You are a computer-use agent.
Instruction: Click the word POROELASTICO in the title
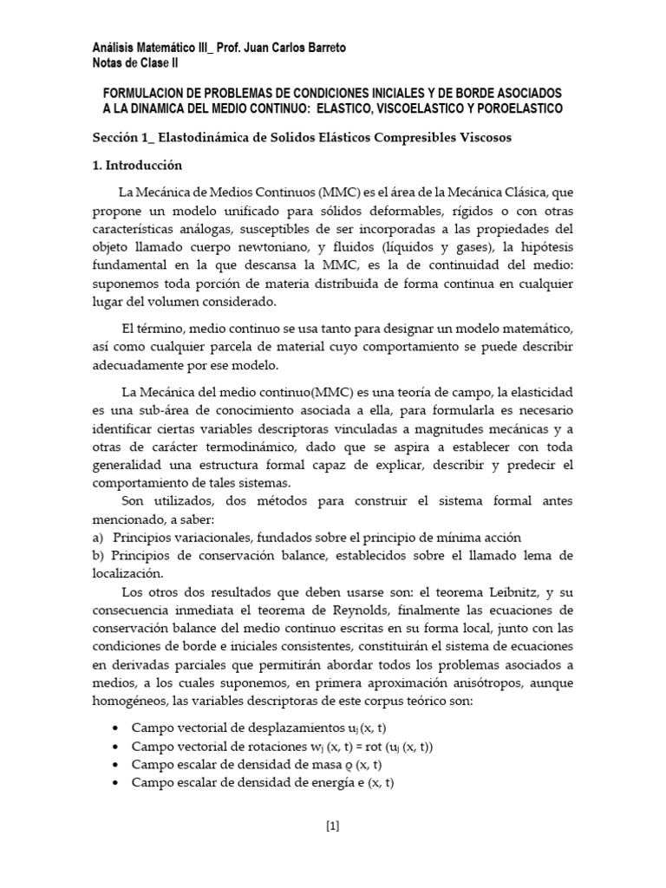pos(518,108)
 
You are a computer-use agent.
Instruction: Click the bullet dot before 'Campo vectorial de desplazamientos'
pos(116,728)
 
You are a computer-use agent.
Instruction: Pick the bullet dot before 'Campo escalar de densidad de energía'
pos(116,782)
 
